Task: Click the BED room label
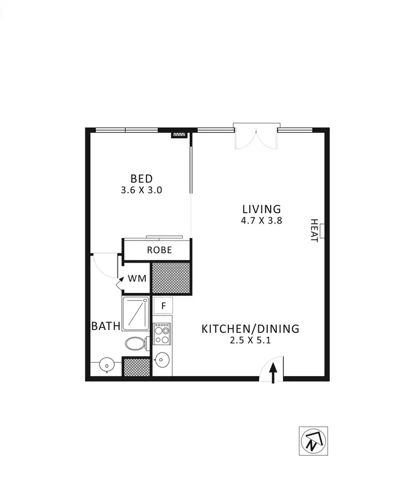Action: pos(142,178)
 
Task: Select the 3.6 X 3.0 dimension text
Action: pos(142,190)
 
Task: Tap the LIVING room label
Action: pos(261,209)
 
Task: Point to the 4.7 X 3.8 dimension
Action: pos(261,220)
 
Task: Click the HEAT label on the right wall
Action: pos(314,230)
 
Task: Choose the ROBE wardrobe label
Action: pos(160,250)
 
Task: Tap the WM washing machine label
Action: pos(137,279)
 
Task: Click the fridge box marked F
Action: pos(163,306)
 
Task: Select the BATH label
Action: pos(106,326)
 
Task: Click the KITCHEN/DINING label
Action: pos(250,328)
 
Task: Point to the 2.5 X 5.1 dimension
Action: pos(250,340)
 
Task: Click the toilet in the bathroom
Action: pos(136,343)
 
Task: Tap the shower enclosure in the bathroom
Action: pos(136,313)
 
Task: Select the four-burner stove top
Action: pos(162,334)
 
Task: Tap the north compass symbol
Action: pos(313,441)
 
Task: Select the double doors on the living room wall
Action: pos(256,137)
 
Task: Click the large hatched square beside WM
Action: pos(172,278)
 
